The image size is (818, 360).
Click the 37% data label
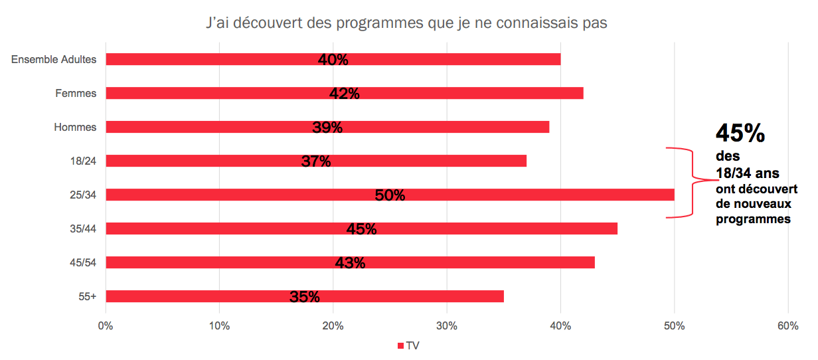pyautogui.click(x=316, y=161)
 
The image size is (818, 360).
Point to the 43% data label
pyautogui.click(x=350, y=263)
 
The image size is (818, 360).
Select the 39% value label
pyautogui.click(x=327, y=128)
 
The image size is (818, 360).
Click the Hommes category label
pyautogui.click(x=75, y=127)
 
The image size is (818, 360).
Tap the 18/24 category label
pyautogui.click(x=82, y=161)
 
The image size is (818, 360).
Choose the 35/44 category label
pyautogui.click(x=82, y=228)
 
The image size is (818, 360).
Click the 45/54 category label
pyautogui.click(x=82, y=262)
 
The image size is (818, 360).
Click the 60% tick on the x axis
pyautogui.click(x=787, y=326)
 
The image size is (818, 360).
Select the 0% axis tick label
pyautogui.click(x=106, y=326)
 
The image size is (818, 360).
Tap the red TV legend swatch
pyautogui.click(x=400, y=346)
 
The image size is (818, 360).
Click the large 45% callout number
pyautogui.click(x=740, y=134)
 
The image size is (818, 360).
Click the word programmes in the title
pyautogui.click(x=376, y=23)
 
